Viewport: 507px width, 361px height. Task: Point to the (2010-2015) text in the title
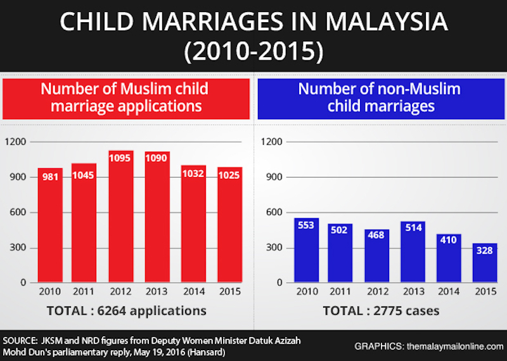point(253,51)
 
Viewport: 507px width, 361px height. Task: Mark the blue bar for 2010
point(307,251)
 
